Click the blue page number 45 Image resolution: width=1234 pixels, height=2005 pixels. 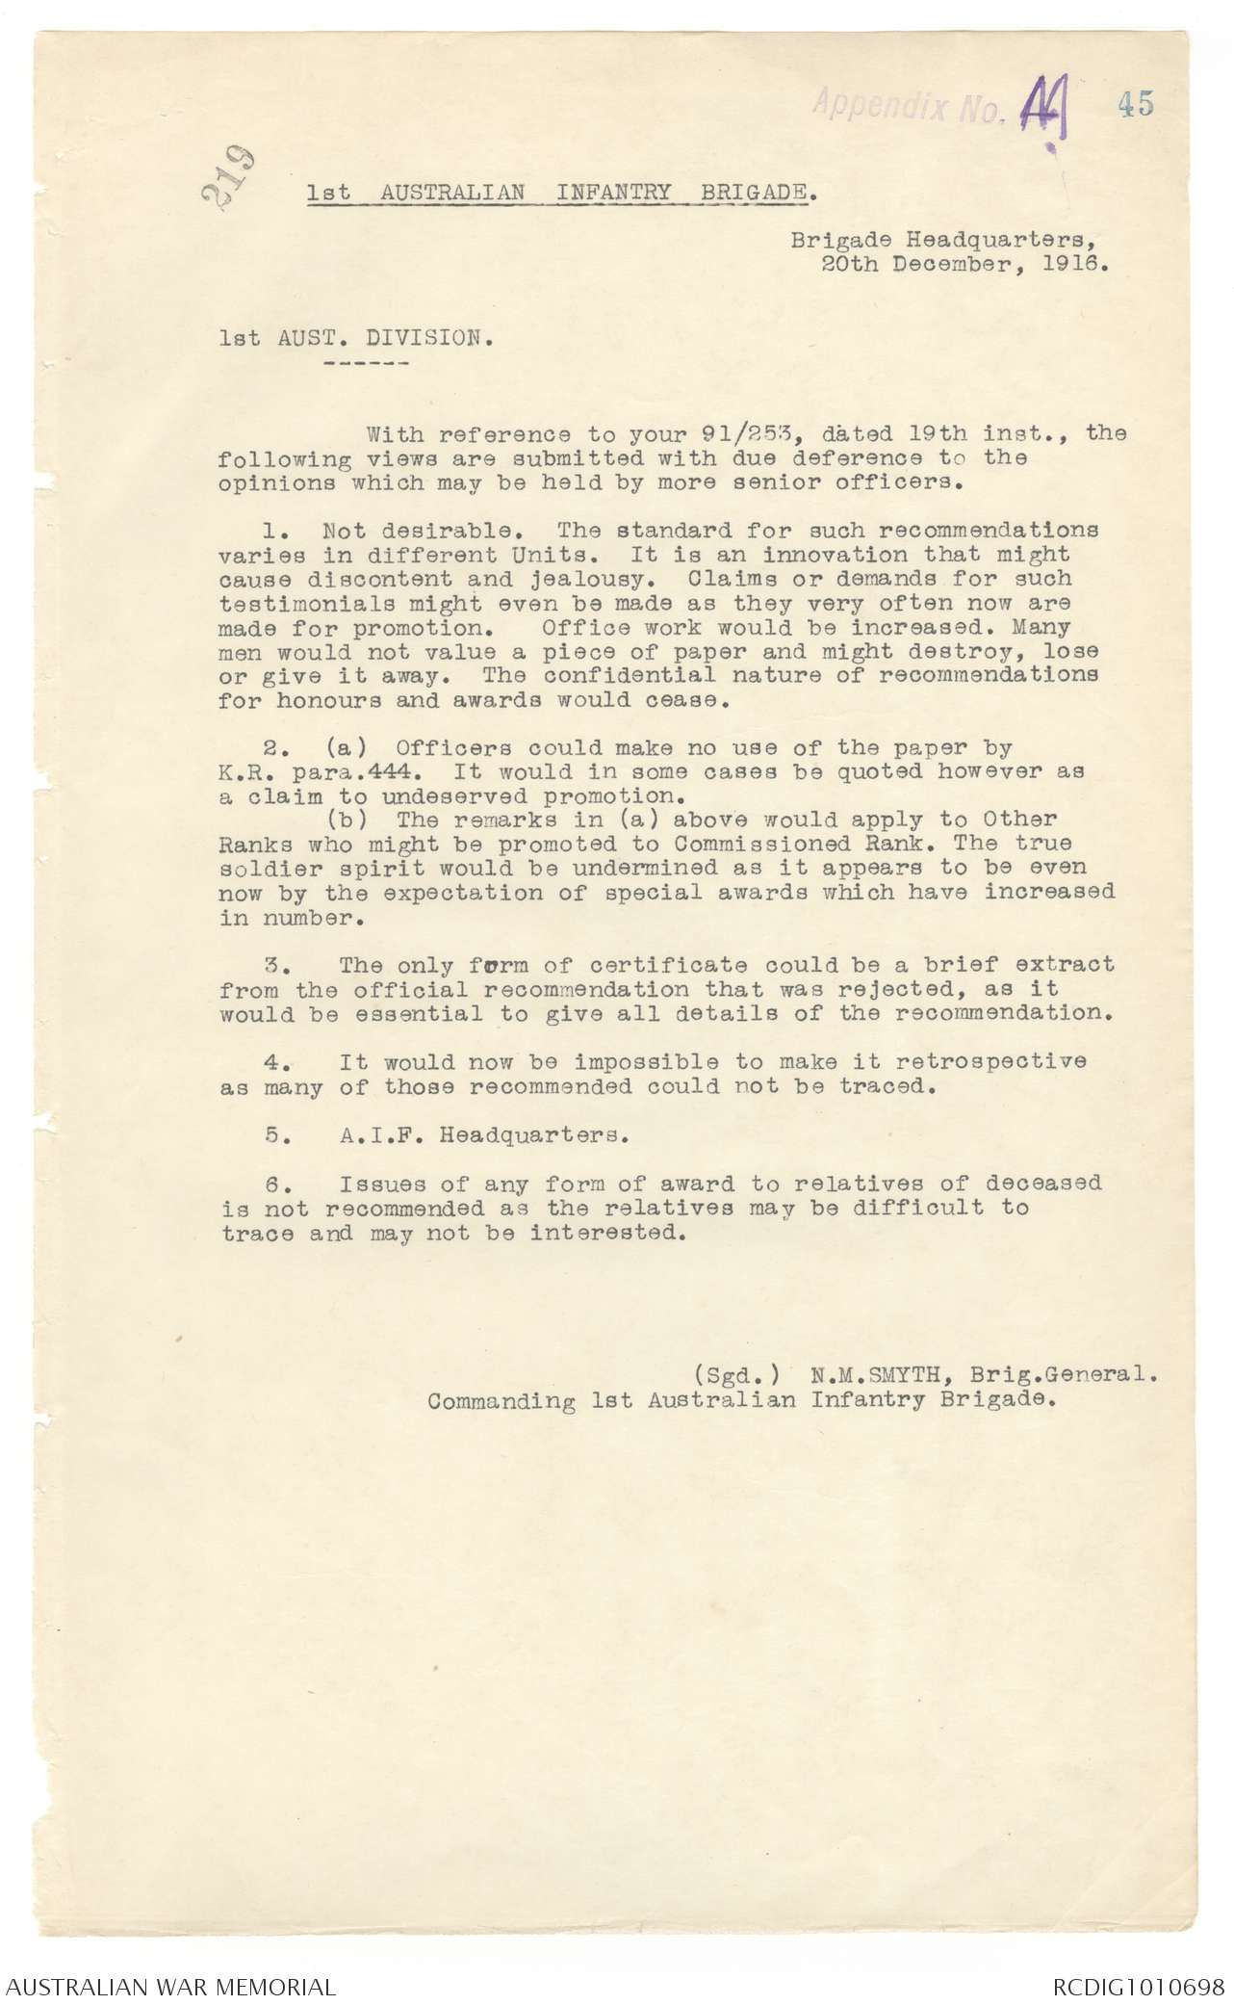pos(1136,104)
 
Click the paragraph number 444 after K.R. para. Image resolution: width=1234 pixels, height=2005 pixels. pos(399,772)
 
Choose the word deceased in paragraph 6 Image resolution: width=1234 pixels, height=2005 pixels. pos(1043,1183)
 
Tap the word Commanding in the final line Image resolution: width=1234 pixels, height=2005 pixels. pos(501,1400)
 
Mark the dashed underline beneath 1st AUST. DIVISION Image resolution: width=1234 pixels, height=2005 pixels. pos(368,363)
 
